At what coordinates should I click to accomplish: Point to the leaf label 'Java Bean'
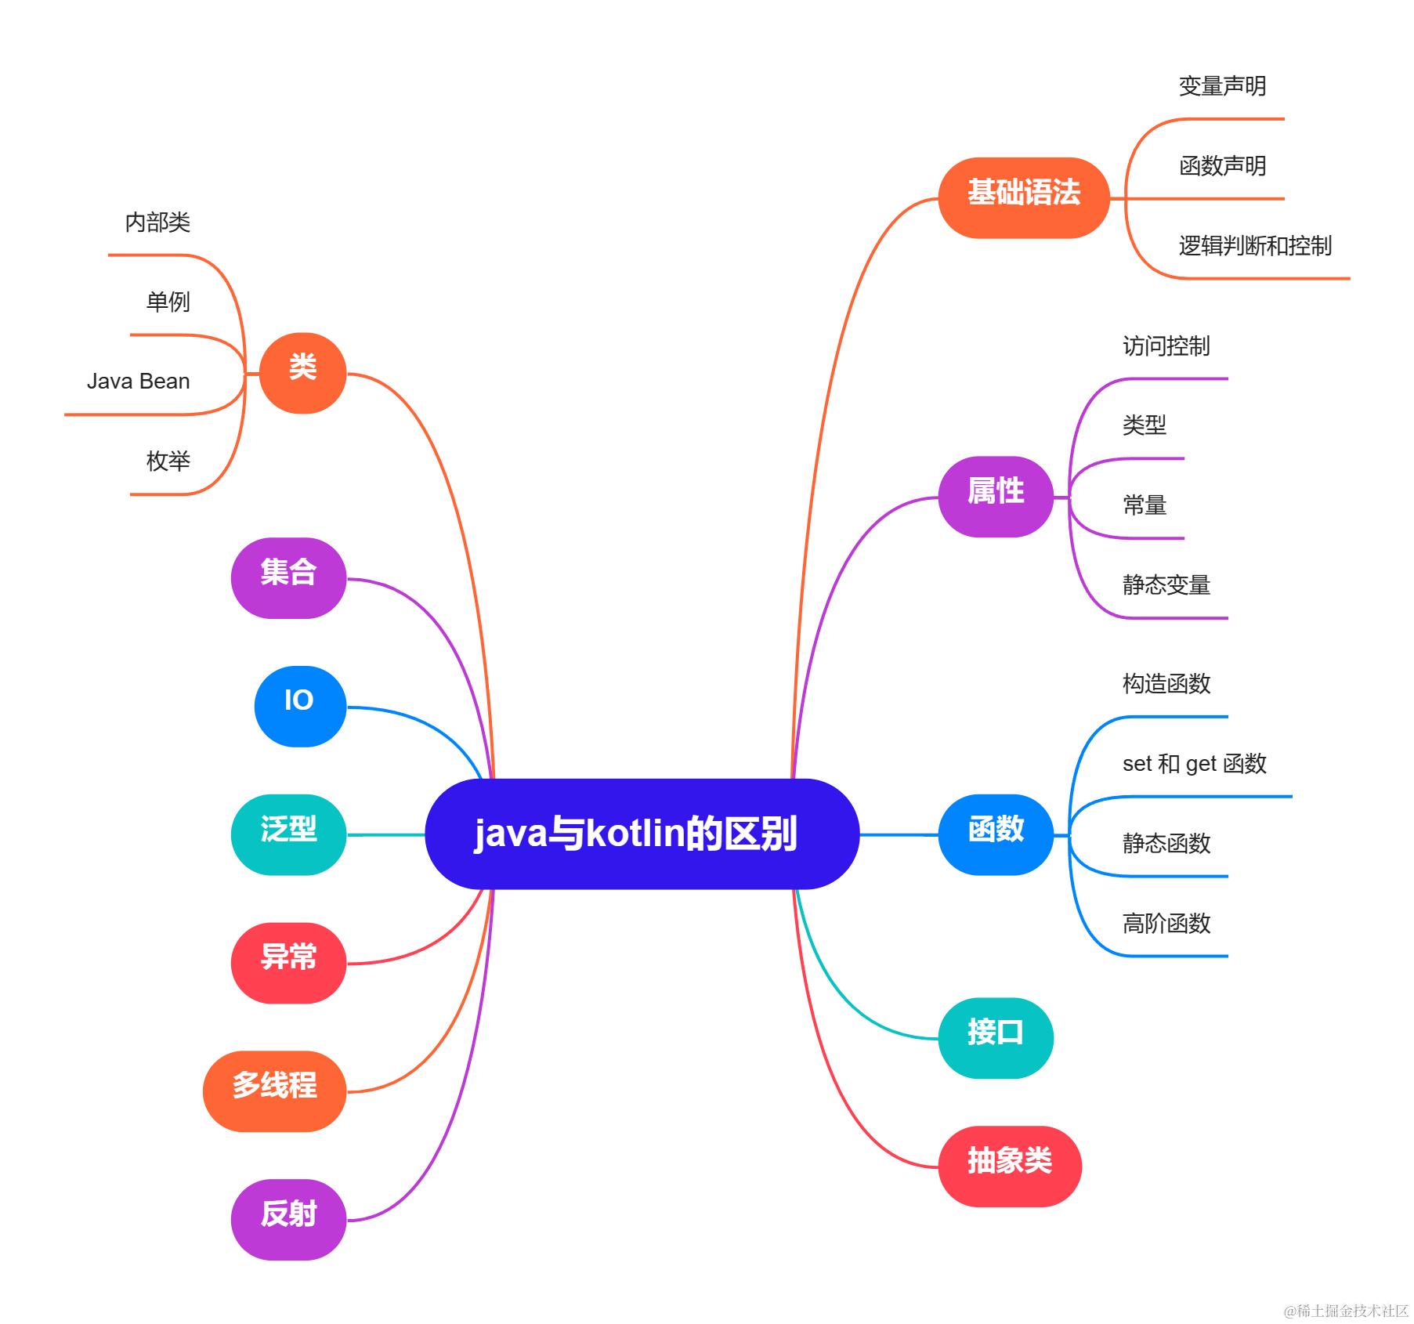pos(139,382)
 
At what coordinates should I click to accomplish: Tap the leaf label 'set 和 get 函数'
pos(1194,763)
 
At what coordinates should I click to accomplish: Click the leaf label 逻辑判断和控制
pos(1255,246)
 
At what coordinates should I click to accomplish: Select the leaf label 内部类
pos(157,222)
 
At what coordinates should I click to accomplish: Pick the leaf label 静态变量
pos(1166,584)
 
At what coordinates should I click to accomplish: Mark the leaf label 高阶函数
pos(1166,923)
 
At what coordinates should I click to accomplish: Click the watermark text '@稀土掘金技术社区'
pos(1345,1311)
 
